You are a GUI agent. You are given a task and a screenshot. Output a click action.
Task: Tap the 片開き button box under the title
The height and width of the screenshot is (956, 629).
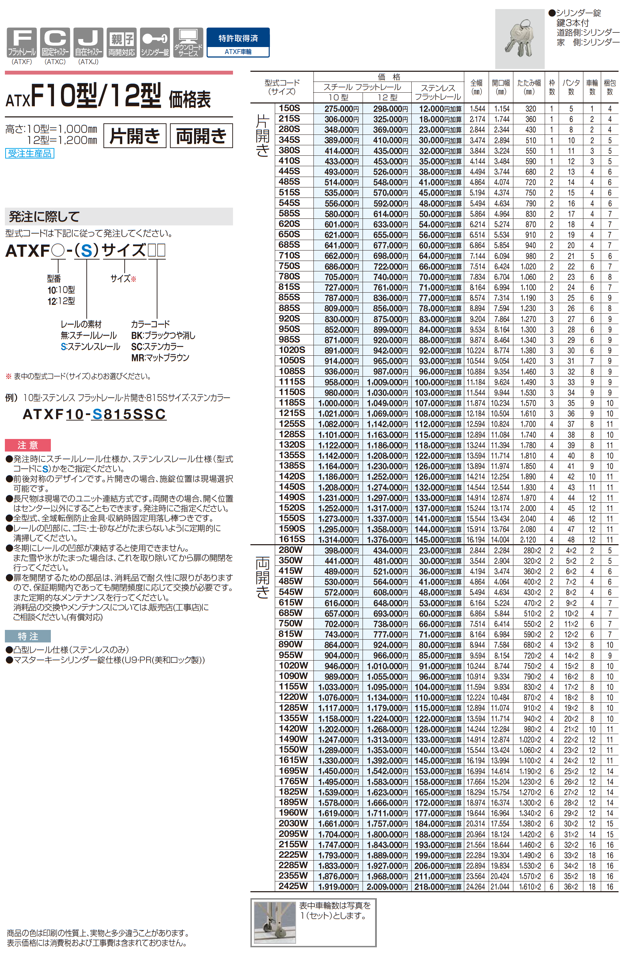point(135,136)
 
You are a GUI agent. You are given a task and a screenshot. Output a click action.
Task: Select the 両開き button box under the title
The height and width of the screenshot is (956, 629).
point(201,136)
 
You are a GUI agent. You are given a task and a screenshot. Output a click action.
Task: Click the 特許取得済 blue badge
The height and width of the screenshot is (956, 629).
point(238,42)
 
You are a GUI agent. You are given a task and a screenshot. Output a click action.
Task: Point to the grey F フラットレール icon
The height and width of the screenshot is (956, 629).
point(22,42)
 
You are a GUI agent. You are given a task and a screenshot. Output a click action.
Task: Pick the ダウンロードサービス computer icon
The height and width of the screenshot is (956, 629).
point(188,42)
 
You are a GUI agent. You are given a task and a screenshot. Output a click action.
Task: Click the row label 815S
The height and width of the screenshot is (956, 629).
point(289,287)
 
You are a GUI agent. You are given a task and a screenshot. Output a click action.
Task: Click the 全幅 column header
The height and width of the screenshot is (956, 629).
point(476,87)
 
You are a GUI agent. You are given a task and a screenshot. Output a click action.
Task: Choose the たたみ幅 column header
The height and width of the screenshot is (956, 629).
point(529,87)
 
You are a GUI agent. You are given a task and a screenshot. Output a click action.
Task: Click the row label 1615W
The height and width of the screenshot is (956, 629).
point(293,760)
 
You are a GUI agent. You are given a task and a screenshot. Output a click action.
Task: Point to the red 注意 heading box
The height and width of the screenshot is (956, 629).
point(28,445)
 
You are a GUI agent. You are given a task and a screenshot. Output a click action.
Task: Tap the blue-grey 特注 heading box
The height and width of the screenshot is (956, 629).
point(28,636)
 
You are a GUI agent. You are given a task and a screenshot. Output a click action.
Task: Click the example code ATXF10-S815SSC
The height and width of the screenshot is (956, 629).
point(94,414)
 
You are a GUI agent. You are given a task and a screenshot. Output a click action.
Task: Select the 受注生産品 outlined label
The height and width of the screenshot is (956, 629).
point(30,153)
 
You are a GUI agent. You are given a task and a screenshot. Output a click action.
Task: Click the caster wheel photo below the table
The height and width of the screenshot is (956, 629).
point(275,922)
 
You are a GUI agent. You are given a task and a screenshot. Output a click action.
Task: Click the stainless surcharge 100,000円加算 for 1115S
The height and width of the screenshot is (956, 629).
point(438,382)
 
